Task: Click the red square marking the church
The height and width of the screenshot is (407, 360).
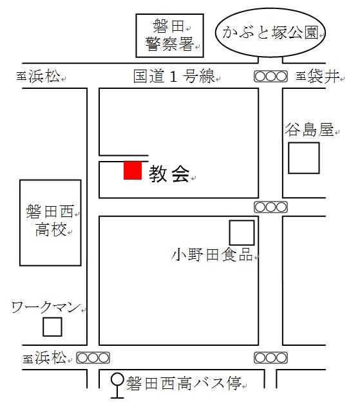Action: coord(133,170)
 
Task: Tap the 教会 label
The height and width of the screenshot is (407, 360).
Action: coord(169,174)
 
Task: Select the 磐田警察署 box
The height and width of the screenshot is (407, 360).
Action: coord(170,35)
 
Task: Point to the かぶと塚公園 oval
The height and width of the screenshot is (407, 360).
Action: coord(270,32)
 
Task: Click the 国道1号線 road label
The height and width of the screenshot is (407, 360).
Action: coord(174,76)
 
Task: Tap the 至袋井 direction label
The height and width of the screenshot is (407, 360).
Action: coord(317,76)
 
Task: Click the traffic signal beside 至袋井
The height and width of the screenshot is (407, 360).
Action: coord(270,76)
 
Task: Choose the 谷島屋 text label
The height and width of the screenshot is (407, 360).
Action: coord(309,129)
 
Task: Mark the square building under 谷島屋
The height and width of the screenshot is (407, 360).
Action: coord(304,158)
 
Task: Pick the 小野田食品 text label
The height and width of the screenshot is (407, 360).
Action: coord(212,254)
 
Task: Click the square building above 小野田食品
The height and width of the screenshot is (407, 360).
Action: coord(242,232)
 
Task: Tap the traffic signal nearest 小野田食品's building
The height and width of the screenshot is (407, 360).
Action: coord(270,207)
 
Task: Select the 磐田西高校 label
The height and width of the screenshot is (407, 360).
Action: coord(50,220)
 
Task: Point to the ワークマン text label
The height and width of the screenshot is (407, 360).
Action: coord(46,307)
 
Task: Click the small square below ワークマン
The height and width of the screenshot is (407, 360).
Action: coord(52,327)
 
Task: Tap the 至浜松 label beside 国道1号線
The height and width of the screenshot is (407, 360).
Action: coord(39,76)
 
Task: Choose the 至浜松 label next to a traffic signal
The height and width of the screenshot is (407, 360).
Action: coord(44,357)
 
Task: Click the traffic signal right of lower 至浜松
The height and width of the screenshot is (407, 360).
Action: coord(93,358)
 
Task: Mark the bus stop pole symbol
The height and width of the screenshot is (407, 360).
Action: coord(117,386)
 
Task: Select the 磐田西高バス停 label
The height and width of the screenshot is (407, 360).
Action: coord(184,383)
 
